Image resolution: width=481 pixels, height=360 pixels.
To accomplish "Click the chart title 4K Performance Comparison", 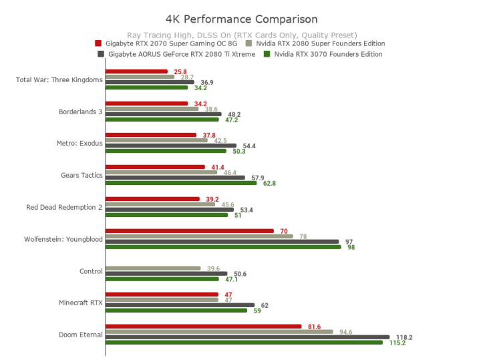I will click(x=241, y=19).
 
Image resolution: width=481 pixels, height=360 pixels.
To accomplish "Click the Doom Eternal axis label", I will click(x=80, y=334).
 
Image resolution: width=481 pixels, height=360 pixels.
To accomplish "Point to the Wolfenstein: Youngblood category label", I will click(x=63, y=239).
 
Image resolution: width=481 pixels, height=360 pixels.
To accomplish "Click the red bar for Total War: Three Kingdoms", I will click(x=136, y=71).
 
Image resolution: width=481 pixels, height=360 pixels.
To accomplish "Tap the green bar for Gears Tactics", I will click(x=181, y=183).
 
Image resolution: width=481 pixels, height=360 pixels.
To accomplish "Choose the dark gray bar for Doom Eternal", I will click(x=247, y=337).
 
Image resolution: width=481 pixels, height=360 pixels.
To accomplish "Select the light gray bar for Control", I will click(x=153, y=268).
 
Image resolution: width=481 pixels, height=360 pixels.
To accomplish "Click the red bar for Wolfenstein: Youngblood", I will click(x=190, y=231).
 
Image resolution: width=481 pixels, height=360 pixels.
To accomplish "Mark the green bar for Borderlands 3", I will click(x=162, y=120).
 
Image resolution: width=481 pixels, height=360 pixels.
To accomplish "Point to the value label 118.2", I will click(x=404, y=337).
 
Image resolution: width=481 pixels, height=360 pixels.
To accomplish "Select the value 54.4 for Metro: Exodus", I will click(x=249, y=146).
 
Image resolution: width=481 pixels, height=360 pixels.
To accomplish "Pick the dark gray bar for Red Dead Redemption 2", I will click(x=170, y=210).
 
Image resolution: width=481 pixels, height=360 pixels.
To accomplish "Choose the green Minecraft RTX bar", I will click(x=176, y=310).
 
